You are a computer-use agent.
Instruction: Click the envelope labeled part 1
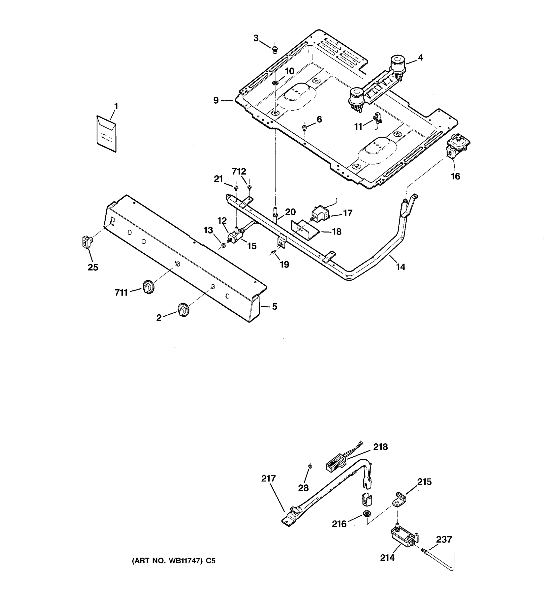coord(107,134)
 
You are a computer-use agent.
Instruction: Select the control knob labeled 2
coord(183,310)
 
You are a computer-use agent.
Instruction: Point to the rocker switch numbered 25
coord(86,242)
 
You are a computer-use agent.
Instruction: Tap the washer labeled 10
coord(275,83)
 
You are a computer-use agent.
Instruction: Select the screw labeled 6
coord(304,128)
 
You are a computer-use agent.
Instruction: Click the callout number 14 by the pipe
coord(401,267)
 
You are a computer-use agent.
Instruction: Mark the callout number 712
coord(239,172)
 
